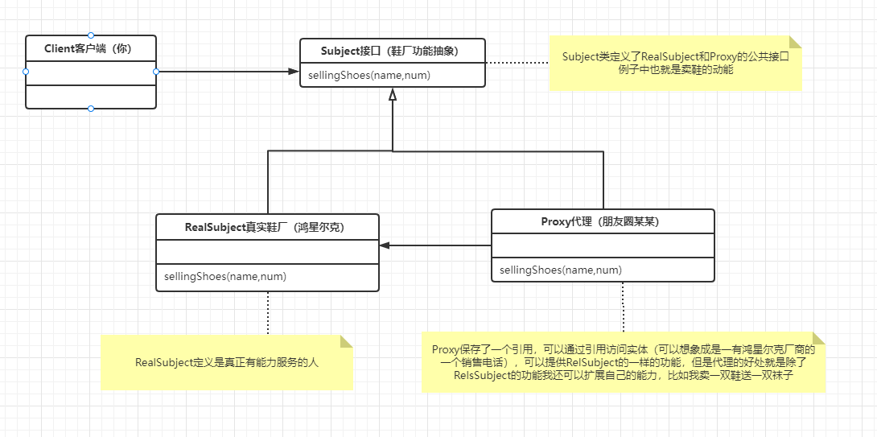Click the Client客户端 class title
tap(90, 49)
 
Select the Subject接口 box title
tap(392, 52)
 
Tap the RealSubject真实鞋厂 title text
tap(266, 228)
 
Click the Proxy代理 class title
tap(602, 222)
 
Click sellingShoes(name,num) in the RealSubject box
tap(225, 277)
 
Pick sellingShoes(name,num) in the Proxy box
tap(561, 270)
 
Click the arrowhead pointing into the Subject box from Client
tap(294, 72)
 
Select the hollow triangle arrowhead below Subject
tap(393, 94)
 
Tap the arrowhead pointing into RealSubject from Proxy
tap(385, 245)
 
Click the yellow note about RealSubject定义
tap(227, 363)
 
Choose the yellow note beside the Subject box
tap(676, 63)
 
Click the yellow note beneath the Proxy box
tap(624, 362)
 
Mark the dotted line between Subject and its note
tap(517, 62)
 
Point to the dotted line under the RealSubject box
tap(267, 313)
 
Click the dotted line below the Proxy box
tap(623, 307)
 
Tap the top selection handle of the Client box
tap(91, 35)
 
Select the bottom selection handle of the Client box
tap(91, 109)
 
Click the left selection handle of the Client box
tap(26, 72)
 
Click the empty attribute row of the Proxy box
tap(603, 245)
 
